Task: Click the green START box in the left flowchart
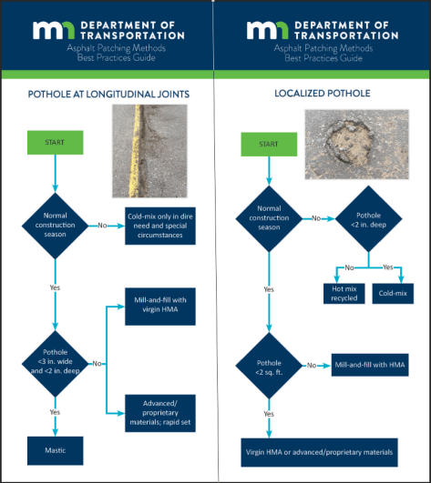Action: coord(56,142)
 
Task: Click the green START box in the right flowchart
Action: coord(268,143)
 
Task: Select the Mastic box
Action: coord(56,448)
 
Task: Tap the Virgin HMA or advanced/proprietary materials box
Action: coord(319,451)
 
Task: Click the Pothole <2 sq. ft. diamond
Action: coord(268,368)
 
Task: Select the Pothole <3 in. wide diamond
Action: coord(56,363)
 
